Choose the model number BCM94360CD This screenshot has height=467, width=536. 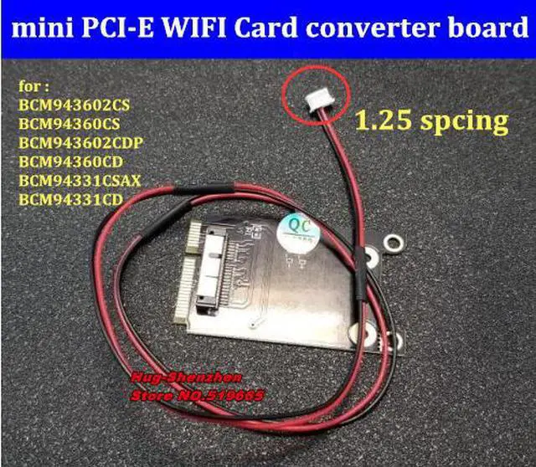coord(71,161)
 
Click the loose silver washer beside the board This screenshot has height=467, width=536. coord(390,245)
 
